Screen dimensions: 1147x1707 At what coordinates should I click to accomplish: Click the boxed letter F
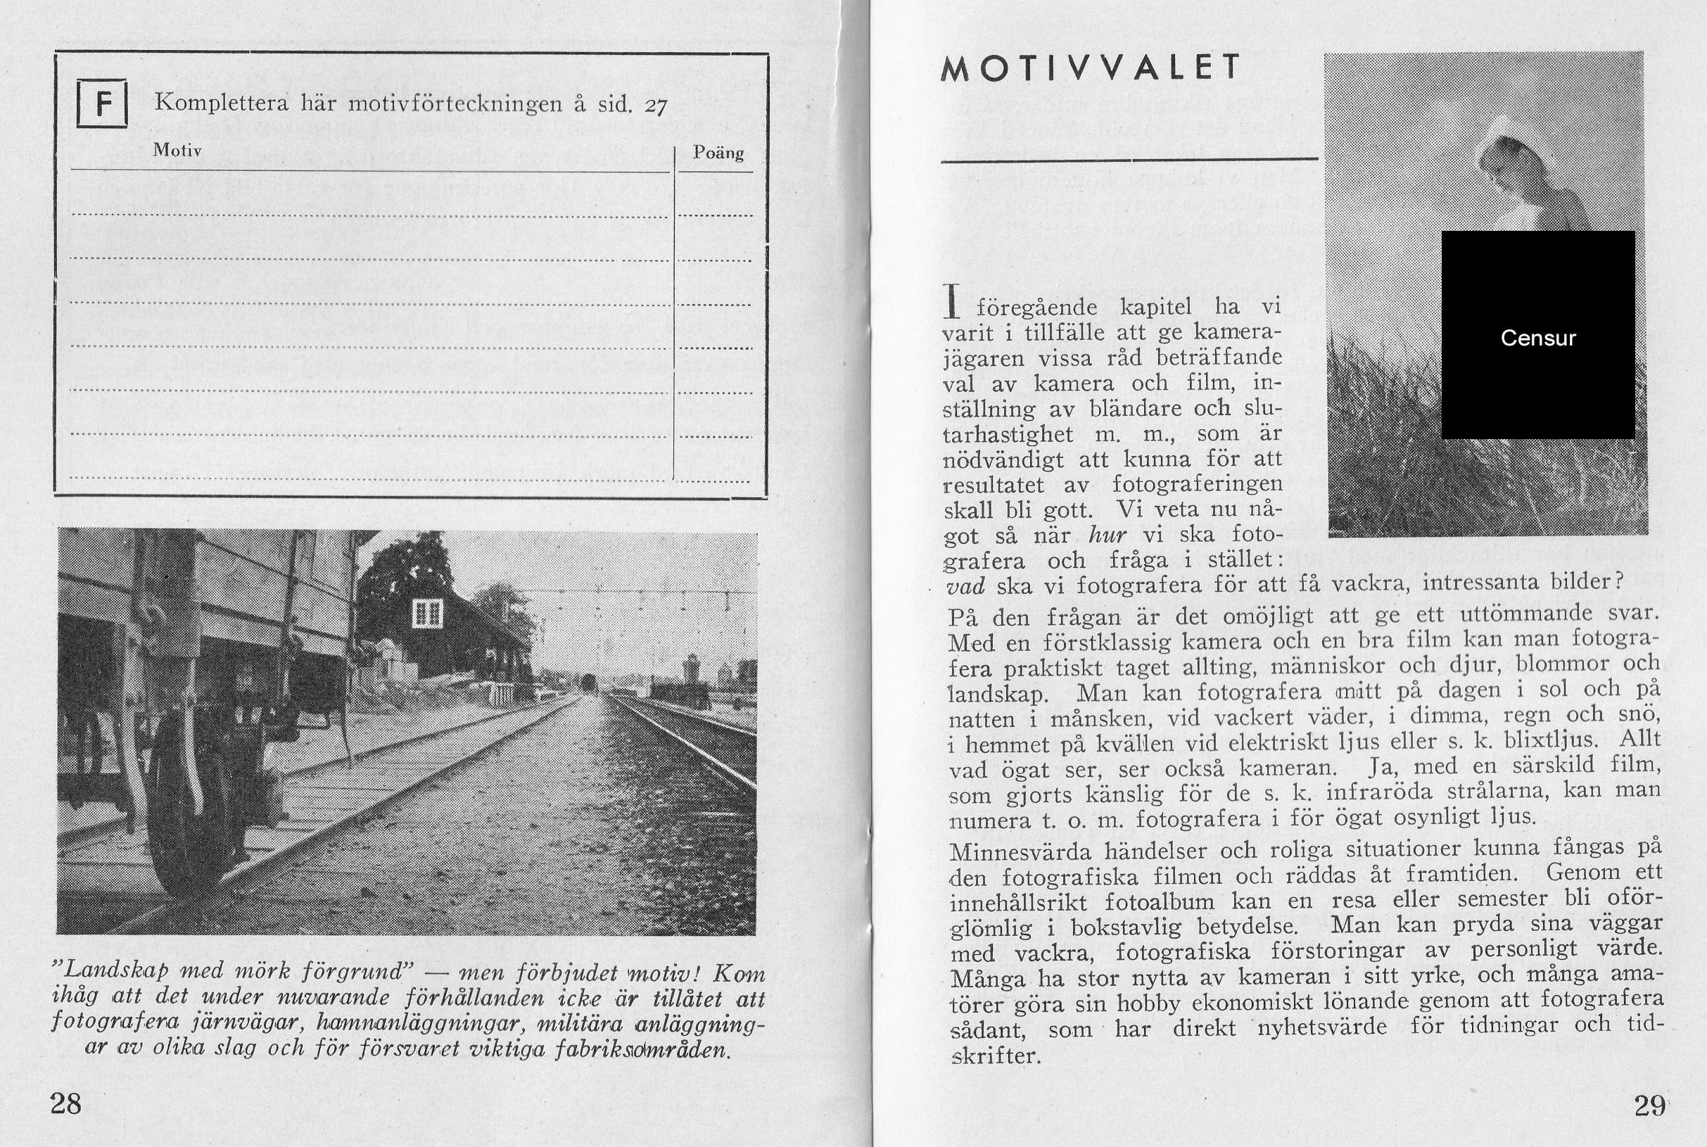click(x=103, y=104)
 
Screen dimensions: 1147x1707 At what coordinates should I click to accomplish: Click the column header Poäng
click(x=718, y=153)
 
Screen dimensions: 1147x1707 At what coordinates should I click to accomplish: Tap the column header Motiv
click(x=177, y=150)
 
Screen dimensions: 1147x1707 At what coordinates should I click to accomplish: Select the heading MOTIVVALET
click(x=1091, y=68)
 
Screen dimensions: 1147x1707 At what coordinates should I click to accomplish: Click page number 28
click(x=65, y=1103)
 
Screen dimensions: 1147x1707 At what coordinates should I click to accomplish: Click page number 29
click(x=1649, y=1105)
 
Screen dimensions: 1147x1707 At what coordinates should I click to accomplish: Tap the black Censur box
click(x=1537, y=335)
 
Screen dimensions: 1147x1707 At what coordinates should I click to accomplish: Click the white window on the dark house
click(x=427, y=613)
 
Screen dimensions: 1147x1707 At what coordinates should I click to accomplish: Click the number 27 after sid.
click(x=655, y=107)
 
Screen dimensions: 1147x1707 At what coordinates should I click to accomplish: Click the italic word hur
click(x=1108, y=536)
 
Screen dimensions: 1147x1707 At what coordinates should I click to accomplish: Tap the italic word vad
click(x=965, y=587)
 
